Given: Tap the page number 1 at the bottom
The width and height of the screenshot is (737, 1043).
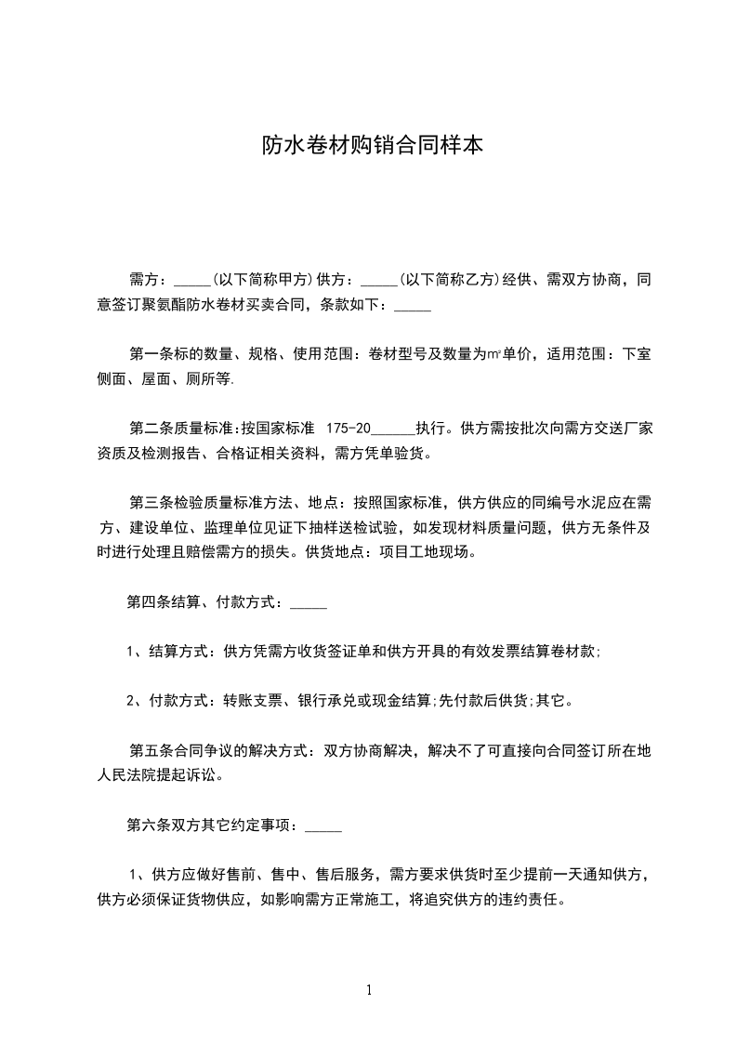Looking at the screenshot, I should tap(369, 990).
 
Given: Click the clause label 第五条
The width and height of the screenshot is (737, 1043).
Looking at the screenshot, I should tap(151, 750).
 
